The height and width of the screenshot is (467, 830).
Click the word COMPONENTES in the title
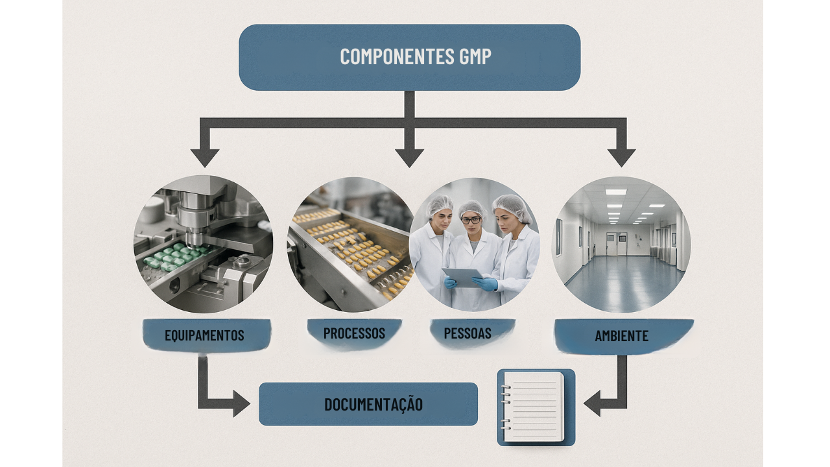coord(397,56)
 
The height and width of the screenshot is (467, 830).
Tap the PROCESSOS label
coord(354,333)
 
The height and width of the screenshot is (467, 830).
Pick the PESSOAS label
coord(468,333)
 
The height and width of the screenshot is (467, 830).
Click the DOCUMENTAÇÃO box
coord(368,404)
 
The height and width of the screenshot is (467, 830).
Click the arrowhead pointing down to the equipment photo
coord(204,158)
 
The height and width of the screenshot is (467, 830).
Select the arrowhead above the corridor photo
coord(621,158)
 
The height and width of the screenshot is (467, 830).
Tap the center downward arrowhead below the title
coord(409,158)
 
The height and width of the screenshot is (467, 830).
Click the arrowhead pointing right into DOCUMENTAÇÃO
coord(242,403)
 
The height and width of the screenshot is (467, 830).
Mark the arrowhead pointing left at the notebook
coord(592,403)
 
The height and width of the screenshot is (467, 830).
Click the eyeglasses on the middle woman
coord(471,220)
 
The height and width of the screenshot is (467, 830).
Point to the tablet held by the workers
coord(463,277)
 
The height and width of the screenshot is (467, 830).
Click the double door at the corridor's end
coord(617,243)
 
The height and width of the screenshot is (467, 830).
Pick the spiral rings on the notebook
coord(506,407)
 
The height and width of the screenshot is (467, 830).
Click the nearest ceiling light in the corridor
coord(616,192)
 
